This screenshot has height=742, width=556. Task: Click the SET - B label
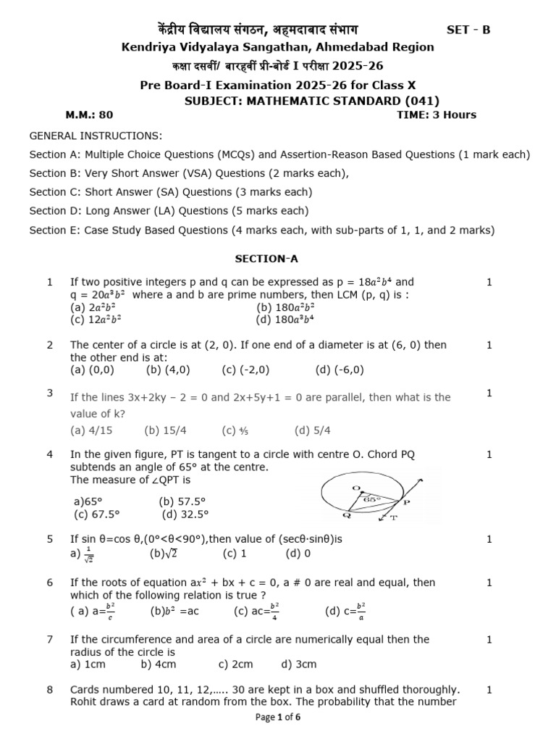(468, 30)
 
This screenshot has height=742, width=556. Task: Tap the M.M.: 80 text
(89, 114)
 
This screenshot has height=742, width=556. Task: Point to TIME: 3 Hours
(437, 114)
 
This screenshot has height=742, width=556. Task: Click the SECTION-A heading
(266, 258)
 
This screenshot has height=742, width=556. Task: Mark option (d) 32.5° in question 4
(185, 514)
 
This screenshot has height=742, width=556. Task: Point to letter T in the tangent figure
(394, 519)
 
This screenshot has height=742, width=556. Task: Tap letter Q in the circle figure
(328, 515)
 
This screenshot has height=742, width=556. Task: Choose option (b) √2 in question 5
(164, 554)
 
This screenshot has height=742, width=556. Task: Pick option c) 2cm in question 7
(236, 664)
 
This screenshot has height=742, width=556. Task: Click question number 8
(50, 690)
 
